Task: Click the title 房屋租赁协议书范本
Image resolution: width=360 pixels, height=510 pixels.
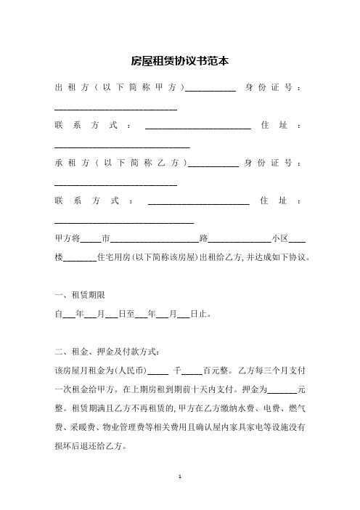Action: coord(180,62)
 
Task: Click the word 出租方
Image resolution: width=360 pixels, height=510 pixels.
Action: coord(71,89)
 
